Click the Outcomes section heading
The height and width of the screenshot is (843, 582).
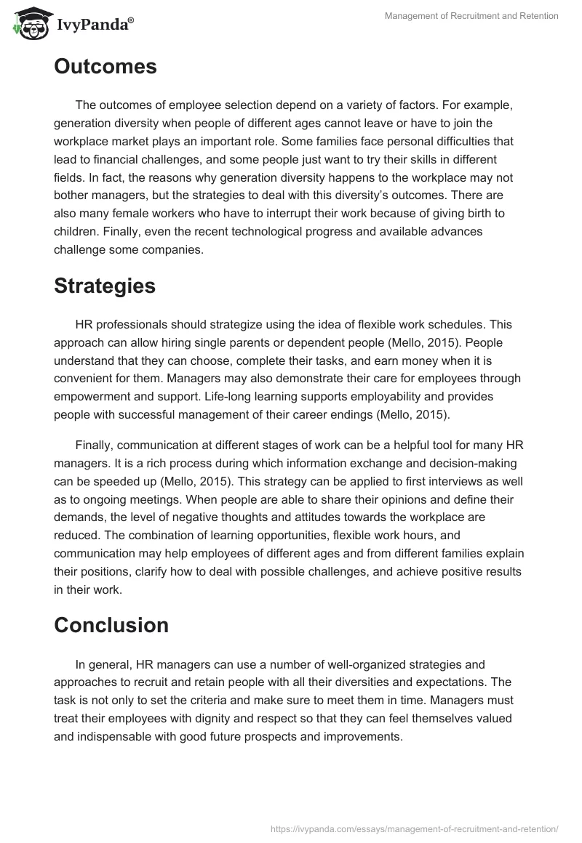105,67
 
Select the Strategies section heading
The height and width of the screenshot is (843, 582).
105,286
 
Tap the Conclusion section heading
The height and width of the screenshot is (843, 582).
111,625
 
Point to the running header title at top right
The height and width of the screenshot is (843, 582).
471,16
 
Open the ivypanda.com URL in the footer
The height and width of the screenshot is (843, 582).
414,828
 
